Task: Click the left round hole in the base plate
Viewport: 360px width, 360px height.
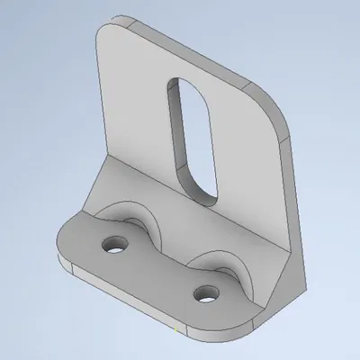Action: (114, 244)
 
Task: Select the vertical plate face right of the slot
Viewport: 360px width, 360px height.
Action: (247, 171)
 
